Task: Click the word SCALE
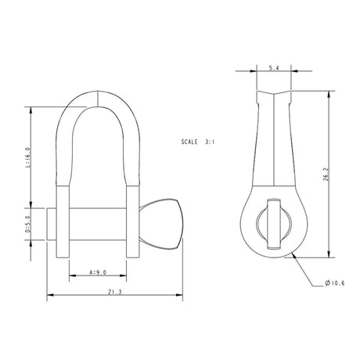coord(189,145)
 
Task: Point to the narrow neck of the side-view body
coord(273,157)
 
